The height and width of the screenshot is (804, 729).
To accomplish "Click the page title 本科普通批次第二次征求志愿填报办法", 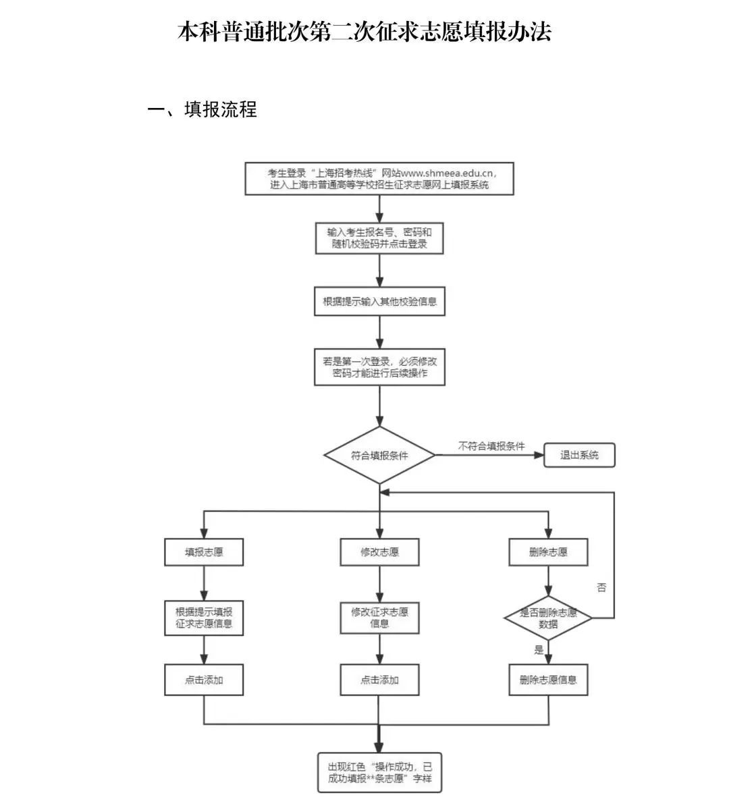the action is coord(364,32).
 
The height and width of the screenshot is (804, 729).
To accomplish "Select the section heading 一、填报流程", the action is coord(202,109).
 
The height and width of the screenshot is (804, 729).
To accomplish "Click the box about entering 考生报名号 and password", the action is coord(379,238).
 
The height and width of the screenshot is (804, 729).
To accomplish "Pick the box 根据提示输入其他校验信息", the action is coord(379,302).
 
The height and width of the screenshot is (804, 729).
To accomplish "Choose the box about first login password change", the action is coord(379,367).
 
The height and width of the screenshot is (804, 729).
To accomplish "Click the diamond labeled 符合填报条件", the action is coord(379,455).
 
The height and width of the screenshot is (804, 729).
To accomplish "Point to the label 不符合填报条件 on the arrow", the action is coord(491,447).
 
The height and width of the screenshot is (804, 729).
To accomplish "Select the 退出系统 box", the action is coord(579,455).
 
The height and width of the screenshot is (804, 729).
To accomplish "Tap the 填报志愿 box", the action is coord(204,552).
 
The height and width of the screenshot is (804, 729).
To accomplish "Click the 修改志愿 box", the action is coord(379,552).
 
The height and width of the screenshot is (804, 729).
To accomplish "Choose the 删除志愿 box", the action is coord(548,552).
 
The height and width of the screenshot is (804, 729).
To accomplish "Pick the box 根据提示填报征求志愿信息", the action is coord(204,618).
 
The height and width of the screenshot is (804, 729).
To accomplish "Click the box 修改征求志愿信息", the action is coord(379,618).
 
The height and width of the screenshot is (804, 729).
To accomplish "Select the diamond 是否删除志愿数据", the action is coord(548,618).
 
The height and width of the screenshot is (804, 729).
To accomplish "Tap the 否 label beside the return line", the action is coord(601,587).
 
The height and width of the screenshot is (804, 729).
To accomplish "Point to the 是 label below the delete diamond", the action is coord(539,650).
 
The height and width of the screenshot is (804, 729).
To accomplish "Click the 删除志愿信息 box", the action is coord(548,680).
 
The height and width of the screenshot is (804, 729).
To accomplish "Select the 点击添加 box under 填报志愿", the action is coord(204,680).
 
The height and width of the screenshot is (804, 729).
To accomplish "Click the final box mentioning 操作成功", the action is coord(379,773).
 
